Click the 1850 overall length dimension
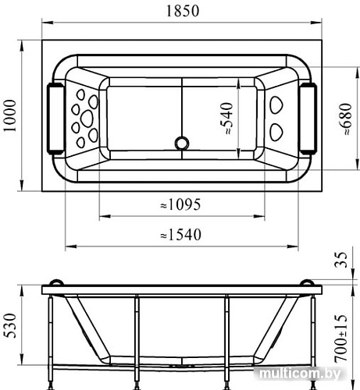click(x=183, y=11)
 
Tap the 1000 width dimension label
click(x=11, y=115)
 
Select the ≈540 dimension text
click(x=226, y=119)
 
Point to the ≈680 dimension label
click(x=346, y=119)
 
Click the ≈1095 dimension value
click(x=180, y=204)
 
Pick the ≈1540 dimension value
click(x=180, y=234)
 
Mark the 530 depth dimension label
click(x=11, y=325)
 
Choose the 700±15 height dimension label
click(x=341, y=339)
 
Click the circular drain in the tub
click(x=182, y=144)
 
